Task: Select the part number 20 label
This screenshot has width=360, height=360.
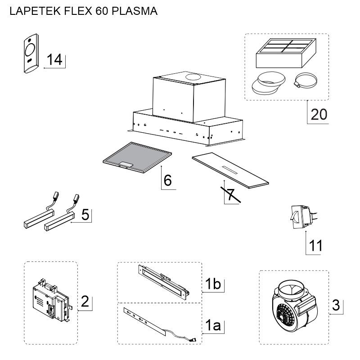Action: tap(319, 114)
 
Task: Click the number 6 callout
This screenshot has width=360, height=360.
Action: tap(167, 180)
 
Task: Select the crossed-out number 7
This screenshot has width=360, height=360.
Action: tap(230, 195)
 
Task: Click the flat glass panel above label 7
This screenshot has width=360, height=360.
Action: tap(229, 171)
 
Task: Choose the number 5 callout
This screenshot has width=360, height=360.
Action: tap(85, 215)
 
